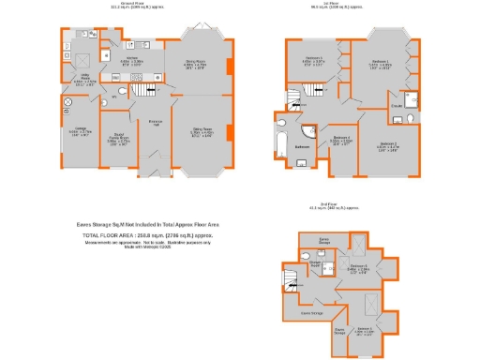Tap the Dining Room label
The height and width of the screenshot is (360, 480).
coord(194,65)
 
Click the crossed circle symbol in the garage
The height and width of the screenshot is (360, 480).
coord(67,100)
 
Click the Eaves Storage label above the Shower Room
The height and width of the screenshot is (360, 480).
coord(323,240)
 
